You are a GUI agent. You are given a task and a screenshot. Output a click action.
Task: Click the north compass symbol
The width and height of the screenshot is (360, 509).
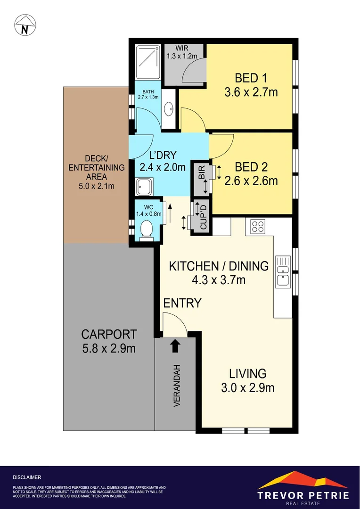click(x=25, y=25)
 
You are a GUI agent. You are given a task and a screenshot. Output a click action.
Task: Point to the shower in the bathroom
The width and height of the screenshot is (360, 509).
click(x=147, y=62)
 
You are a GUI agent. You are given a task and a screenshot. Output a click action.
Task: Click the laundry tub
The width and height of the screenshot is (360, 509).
click(x=143, y=187)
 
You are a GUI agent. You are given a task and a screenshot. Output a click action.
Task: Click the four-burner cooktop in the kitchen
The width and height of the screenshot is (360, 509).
click(x=258, y=226)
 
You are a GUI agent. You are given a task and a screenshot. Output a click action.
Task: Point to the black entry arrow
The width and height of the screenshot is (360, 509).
click(x=175, y=346)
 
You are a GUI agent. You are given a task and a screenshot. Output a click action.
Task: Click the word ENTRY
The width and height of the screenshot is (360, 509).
click(x=182, y=303)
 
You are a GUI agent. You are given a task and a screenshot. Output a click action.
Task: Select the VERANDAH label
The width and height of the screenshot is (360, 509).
click(x=177, y=386)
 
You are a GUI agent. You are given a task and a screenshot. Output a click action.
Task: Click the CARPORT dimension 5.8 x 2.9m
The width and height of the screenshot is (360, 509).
click(x=109, y=349)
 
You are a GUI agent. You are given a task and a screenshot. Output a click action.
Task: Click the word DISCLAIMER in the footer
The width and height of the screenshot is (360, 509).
click(x=27, y=477)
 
